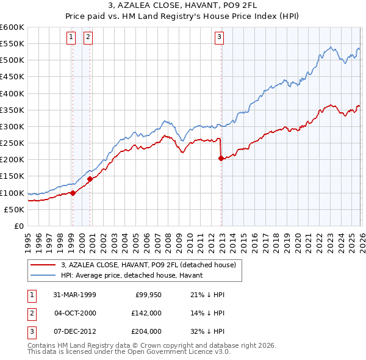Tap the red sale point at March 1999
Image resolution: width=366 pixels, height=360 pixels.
click(x=73, y=193)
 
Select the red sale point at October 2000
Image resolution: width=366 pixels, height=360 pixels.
click(x=90, y=179)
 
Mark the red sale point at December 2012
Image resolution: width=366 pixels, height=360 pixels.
click(x=221, y=159)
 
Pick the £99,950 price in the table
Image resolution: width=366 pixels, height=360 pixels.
click(x=148, y=295)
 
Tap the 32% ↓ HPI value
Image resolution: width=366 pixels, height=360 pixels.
click(x=208, y=331)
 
